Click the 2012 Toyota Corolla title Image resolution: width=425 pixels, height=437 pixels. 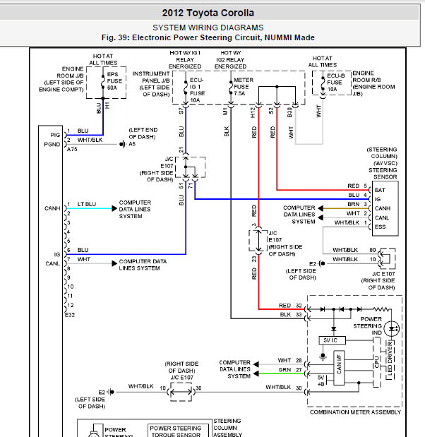208,13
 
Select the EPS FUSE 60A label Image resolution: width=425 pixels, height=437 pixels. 114,80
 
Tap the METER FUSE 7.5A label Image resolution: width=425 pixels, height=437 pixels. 244,86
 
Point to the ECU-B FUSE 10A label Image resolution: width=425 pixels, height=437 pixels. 335,83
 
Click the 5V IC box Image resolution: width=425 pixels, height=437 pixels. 332,340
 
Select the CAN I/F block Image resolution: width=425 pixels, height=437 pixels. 339,368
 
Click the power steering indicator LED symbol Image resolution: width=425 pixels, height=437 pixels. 392,329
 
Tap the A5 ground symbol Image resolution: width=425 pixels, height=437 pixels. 122,144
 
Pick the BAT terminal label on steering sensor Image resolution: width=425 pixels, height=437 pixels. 380,190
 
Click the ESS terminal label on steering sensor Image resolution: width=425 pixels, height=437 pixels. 380,227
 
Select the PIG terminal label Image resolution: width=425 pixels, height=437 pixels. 55,135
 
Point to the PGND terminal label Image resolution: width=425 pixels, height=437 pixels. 52,144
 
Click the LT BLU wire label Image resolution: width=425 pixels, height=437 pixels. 87,204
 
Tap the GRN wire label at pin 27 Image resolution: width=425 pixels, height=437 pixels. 285,370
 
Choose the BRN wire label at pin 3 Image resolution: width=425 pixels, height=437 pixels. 354,204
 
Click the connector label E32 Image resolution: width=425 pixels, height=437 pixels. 70,315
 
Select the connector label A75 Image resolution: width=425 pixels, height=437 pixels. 72,150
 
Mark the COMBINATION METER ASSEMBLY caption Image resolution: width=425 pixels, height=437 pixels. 355,412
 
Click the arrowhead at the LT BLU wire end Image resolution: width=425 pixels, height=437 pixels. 114,208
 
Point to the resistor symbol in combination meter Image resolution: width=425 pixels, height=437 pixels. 381,309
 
